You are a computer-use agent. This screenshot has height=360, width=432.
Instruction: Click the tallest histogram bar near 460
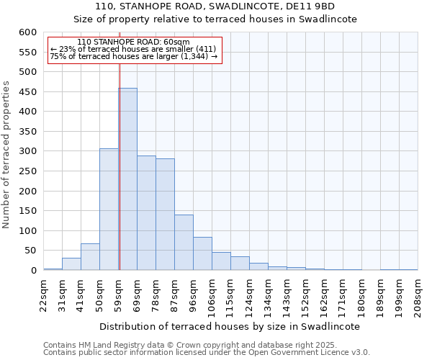click(x=127, y=180)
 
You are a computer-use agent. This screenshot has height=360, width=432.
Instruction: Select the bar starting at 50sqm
click(x=109, y=210)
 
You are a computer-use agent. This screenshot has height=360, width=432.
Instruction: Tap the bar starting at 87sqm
click(x=184, y=243)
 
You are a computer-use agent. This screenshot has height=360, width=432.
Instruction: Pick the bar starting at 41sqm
click(x=90, y=257)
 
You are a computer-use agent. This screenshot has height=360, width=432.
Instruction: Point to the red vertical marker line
click(x=120, y=144)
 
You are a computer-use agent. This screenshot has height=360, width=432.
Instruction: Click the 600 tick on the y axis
click(x=27, y=32)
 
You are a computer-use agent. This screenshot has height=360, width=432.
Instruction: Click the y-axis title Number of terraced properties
click(x=6, y=154)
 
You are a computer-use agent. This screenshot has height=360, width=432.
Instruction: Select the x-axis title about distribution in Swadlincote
click(x=229, y=326)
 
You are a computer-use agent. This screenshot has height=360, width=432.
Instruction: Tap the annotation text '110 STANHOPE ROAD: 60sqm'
click(x=133, y=42)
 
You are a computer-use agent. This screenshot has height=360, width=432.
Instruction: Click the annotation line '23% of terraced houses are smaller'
click(x=133, y=49)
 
